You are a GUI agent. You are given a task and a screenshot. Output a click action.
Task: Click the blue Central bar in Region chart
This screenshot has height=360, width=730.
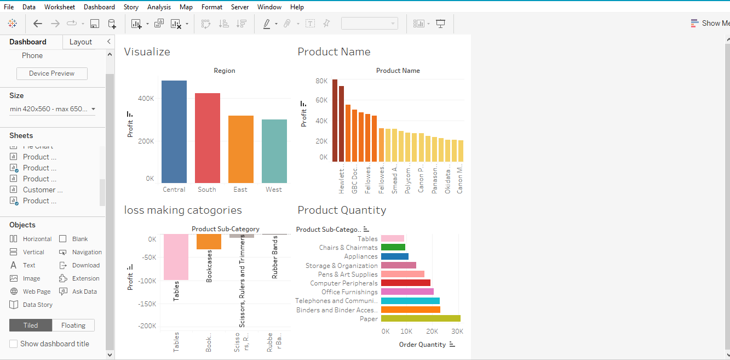[x=174, y=132]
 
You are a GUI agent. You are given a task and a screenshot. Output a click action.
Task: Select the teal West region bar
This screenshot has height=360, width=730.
[x=274, y=151]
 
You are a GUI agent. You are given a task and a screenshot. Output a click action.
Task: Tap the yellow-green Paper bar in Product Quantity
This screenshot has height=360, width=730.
[x=420, y=318]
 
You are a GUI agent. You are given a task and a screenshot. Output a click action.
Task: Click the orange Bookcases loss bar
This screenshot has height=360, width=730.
[x=209, y=242]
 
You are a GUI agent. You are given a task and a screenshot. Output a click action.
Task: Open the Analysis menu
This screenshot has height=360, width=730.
[x=159, y=7]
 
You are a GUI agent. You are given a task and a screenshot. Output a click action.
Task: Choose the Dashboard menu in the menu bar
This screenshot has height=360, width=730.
[x=99, y=7]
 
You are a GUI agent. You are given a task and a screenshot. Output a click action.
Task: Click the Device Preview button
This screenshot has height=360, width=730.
[x=51, y=73]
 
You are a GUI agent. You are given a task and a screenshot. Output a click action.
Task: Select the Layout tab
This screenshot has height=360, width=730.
[x=81, y=42]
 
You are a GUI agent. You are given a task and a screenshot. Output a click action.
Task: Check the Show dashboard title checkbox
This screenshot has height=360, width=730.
[x=14, y=344]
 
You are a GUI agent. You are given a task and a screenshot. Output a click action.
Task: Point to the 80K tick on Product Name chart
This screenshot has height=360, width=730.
[x=321, y=81]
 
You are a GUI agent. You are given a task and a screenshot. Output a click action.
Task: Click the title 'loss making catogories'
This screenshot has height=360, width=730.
[x=183, y=210]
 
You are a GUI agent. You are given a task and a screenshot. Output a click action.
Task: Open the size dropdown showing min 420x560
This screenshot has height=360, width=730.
[x=53, y=109]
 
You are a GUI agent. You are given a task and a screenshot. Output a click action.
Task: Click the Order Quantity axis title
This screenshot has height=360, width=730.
[x=422, y=345]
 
